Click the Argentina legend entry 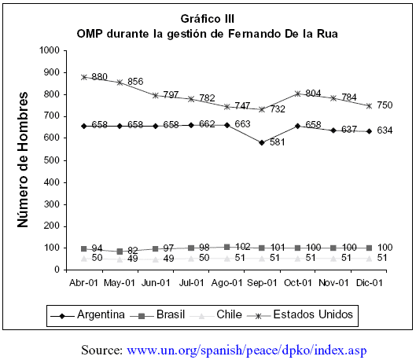coord(87,315)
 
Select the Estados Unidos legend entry coord(300,315)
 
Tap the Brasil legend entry coord(157,315)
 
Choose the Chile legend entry coord(216,315)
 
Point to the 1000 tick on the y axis coord(50,50)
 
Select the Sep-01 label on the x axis coord(262,283)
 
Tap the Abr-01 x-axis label coord(83,283)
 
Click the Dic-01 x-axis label coord(370,283)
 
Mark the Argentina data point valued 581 coord(262,142)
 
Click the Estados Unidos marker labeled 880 coord(84,77)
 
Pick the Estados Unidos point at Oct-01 coord(298,94)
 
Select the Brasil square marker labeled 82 coord(120,251)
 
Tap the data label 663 coord(242,124)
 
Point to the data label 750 coord(385,105)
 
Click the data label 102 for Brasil coord(242,247)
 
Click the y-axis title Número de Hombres coord(23,160)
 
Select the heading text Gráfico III coord(208,19)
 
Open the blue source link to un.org coord(247,351)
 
